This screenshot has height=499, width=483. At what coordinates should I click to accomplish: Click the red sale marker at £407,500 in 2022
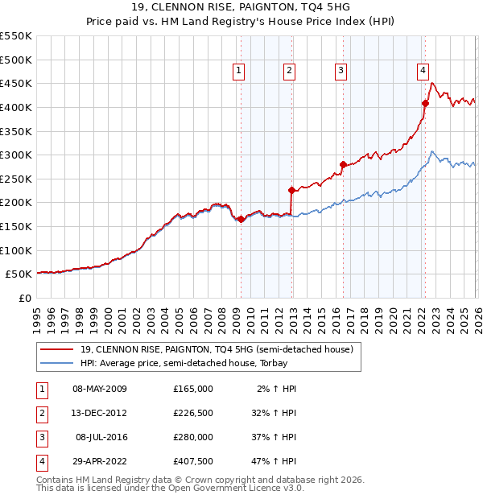[425, 103]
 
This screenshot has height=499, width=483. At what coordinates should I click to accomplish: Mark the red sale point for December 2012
[292, 190]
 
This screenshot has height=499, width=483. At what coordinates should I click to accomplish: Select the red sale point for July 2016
[343, 164]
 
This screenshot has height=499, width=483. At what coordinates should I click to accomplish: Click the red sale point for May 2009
[241, 219]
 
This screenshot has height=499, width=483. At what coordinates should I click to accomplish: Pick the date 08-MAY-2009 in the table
[100, 389]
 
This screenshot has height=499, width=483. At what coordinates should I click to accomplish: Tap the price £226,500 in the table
[192, 413]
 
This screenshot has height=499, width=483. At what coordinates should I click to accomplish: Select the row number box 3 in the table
[41, 437]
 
